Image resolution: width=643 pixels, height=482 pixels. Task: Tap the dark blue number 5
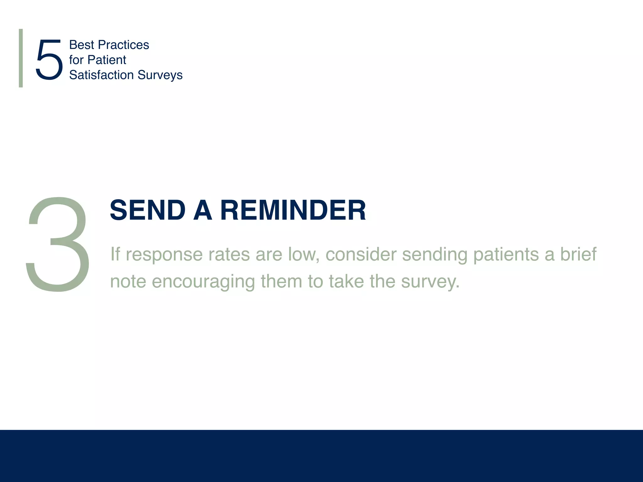point(49,60)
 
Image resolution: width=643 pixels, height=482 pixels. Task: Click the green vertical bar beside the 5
point(21,58)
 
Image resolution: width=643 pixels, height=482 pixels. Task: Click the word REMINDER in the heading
point(293,210)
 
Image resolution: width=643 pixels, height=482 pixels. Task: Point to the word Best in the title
point(81,45)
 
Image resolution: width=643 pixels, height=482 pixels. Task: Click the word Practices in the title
point(123,45)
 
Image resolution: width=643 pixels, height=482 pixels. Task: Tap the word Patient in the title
point(107,60)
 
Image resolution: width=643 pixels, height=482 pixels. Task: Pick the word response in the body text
point(164,255)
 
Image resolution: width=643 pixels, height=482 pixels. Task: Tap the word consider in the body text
point(361,254)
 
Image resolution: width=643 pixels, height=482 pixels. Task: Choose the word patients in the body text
point(506,255)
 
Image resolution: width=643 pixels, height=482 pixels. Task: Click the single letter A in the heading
point(203,210)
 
